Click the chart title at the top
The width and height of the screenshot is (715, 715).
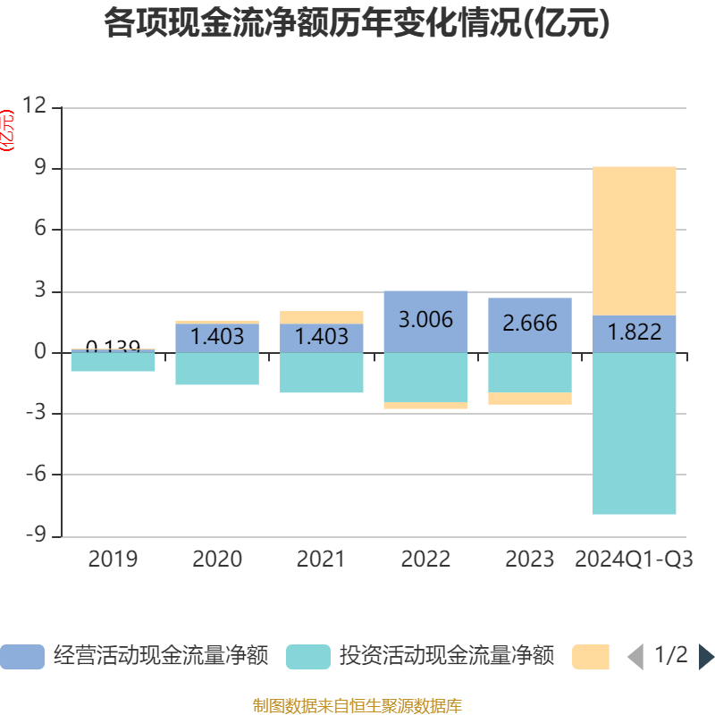coord(357,23)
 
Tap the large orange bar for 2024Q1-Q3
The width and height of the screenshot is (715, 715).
coord(635,240)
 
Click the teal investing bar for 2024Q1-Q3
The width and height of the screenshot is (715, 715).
coord(635,433)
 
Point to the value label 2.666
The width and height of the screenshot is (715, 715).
coord(530,324)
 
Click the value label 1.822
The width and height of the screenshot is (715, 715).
coord(635,333)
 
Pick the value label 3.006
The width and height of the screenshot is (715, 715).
coord(425,319)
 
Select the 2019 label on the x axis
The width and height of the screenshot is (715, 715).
coord(113,559)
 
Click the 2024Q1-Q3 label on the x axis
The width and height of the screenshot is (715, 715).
coord(635,559)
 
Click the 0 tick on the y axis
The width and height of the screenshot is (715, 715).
coord(40,352)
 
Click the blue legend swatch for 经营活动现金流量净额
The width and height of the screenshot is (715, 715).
coord(21,657)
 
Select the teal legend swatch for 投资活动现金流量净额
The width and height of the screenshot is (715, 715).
coord(307,657)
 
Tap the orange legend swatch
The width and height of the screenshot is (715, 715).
coord(590,657)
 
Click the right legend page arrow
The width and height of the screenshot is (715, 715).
coord(706,657)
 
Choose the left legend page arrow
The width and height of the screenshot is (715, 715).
coord(635,657)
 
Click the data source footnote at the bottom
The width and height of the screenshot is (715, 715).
coord(357,706)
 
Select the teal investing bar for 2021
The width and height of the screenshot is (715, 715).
coord(321,373)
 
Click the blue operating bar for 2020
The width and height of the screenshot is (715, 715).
coord(217,338)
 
